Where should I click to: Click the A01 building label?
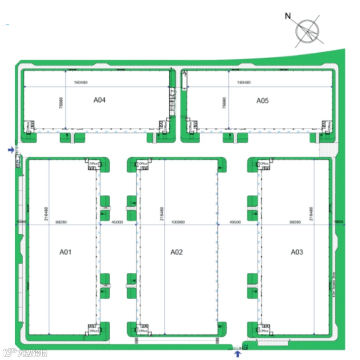click(65, 252)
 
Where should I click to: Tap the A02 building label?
click(176, 252)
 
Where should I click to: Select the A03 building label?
click(297, 252)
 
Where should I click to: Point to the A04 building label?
click(99, 100)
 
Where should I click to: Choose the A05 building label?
click(263, 100)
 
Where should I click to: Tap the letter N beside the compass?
click(287, 16)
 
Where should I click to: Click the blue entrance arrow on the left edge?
click(11, 150)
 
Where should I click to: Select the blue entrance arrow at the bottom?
click(238, 353)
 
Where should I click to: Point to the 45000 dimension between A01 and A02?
click(117, 222)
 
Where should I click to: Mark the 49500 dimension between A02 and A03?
click(235, 222)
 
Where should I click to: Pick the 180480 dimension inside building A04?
click(81, 82)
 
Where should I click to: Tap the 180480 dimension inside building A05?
click(243, 82)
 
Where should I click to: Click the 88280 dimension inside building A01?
click(61, 222)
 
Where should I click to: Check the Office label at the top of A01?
click(93, 163)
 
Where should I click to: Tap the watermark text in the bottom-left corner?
click(26, 353)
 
